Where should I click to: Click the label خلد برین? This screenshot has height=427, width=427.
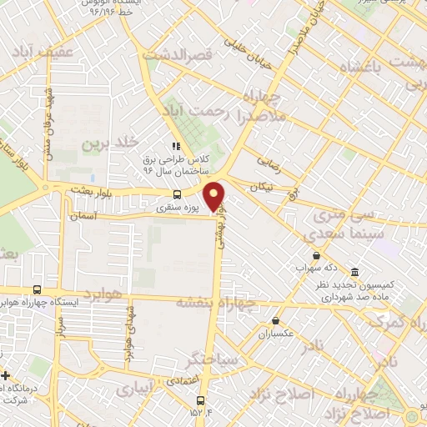pos(108,144)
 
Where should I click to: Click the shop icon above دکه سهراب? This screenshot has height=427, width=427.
pos(316,256)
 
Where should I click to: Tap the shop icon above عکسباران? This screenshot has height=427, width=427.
pos(275,320)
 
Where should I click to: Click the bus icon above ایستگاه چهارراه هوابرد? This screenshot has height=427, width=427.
pos(36,289)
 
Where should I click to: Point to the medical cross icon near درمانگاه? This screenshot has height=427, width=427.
pos(5,377)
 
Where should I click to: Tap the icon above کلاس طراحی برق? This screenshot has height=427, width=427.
pos(176,146)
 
